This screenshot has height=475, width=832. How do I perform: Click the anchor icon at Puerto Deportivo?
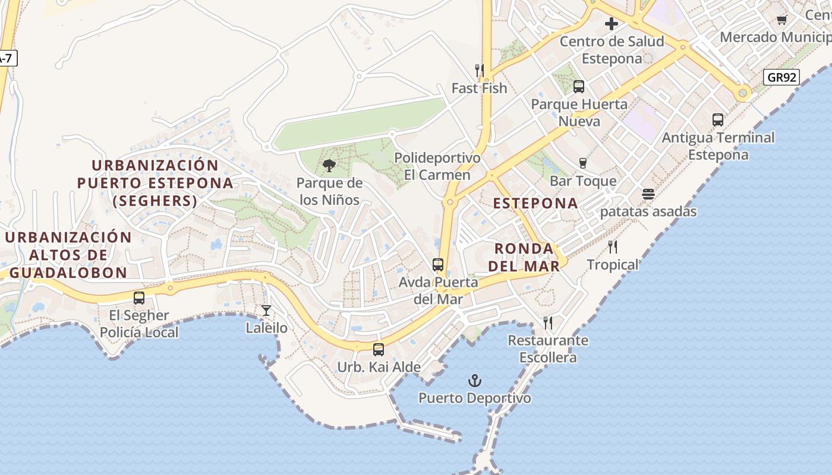tap(474, 381)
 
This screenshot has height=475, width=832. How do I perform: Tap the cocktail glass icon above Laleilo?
tap(266, 311)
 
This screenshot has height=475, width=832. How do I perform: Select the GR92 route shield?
tap(781, 77)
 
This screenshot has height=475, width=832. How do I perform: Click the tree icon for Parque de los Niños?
tap(329, 166)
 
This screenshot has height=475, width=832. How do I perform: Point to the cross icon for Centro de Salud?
tap(612, 24)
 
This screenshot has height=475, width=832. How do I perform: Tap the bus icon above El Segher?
tap(139, 298)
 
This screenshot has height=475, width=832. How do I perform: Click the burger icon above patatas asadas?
tap(648, 194)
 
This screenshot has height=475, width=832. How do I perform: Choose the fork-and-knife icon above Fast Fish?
tap(480, 71)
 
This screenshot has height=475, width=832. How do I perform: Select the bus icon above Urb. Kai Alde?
tap(379, 350)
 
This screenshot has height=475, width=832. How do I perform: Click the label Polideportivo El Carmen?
tap(437, 166)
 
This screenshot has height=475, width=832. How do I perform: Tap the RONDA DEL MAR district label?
tap(524, 257)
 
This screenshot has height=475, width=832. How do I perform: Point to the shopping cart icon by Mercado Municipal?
tap(782, 20)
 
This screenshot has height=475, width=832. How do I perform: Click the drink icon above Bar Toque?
tap(582, 163)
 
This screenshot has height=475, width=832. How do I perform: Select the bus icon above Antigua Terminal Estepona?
tap(718, 120)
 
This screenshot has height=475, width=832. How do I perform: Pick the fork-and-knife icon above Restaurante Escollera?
tap(548, 323)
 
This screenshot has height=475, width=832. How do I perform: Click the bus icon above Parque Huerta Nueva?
tap(579, 87)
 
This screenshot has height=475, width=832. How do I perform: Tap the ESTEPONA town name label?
tap(535, 203)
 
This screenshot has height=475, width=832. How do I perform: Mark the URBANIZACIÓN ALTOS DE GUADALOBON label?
tap(68, 255)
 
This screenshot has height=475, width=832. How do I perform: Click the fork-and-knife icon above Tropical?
tap(613, 247)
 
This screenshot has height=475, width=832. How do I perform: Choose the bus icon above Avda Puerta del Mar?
tap(438, 265)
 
